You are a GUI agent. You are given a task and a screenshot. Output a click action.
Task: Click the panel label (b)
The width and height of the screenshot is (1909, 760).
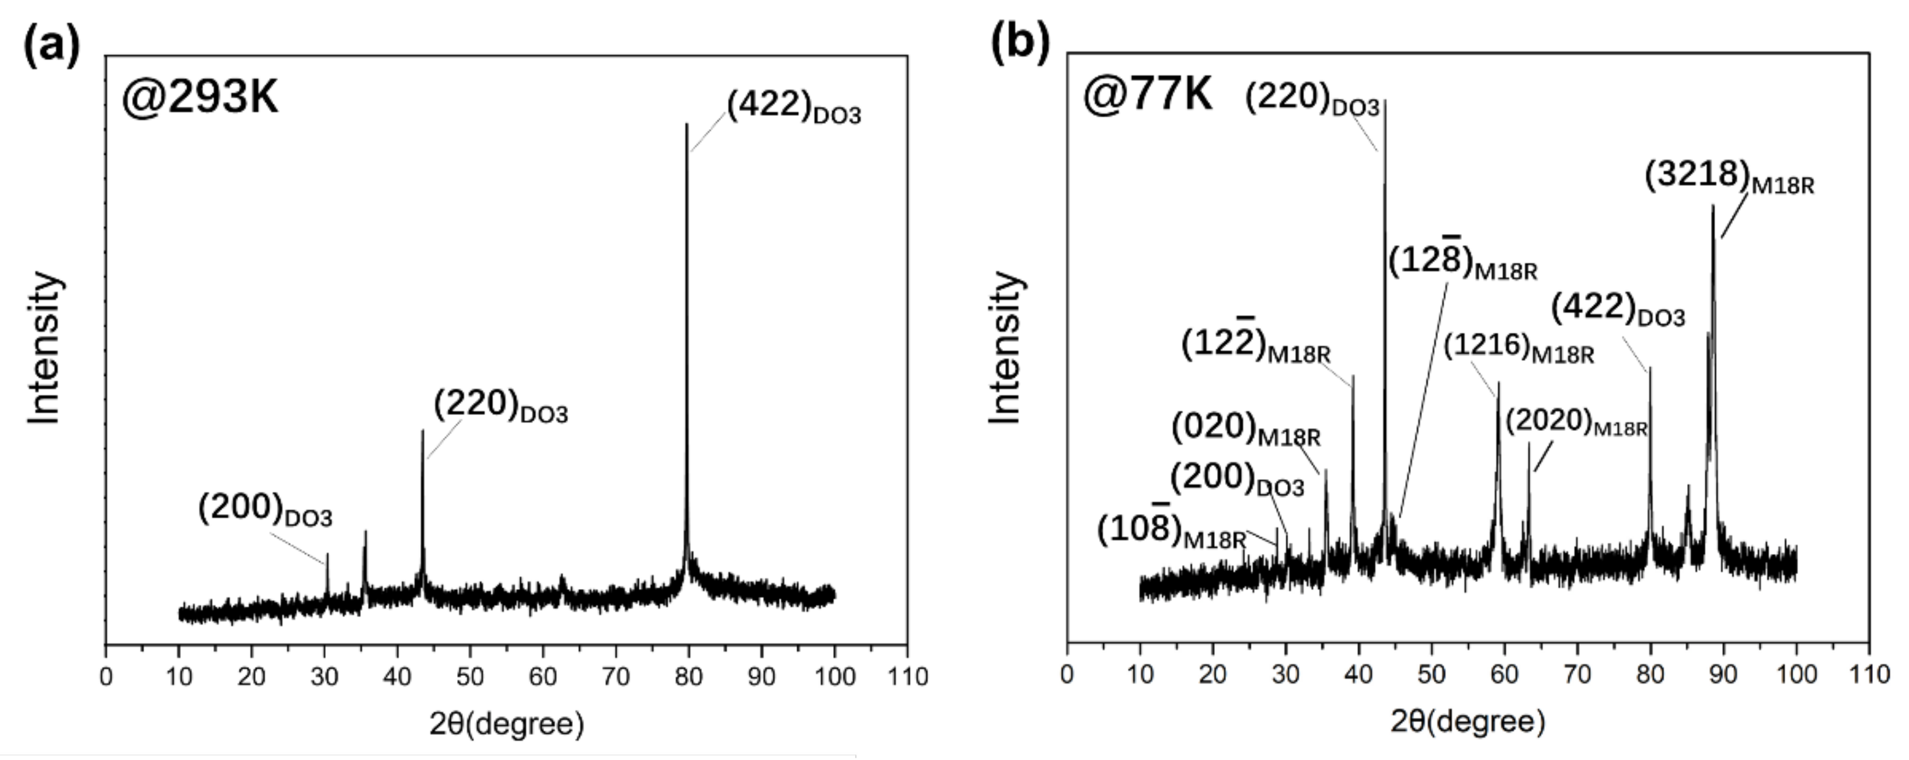pos(1020,43)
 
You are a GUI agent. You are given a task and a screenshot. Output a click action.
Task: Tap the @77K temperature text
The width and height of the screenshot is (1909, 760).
pos(1147,94)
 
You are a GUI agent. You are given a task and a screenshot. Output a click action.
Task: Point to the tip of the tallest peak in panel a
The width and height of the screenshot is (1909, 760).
pos(687,124)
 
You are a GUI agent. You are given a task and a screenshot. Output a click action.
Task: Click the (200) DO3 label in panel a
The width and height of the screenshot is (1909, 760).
pos(264,511)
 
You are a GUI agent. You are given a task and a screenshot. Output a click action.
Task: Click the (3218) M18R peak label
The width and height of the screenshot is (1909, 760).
pos(1729,178)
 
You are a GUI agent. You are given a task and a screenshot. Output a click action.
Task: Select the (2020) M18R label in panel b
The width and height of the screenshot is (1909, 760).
pos(1576,423)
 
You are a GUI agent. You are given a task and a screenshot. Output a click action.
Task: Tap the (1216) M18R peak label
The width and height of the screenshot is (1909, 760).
pos(1518,348)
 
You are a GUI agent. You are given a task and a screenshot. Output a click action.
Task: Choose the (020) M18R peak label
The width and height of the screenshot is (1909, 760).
pos(1246,430)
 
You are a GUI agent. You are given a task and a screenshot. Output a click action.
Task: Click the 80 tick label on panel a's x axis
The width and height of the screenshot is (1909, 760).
pos(688,677)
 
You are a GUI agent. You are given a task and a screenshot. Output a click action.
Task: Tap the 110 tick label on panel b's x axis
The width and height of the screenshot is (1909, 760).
pos(1868,675)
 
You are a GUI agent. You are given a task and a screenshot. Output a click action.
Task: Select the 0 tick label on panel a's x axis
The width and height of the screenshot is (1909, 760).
pos(106,677)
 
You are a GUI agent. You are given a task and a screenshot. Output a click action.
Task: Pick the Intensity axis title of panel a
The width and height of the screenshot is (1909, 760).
pos(44,348)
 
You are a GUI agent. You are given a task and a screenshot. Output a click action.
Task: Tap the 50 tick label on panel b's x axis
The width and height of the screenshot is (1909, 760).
pos(1431,675)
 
